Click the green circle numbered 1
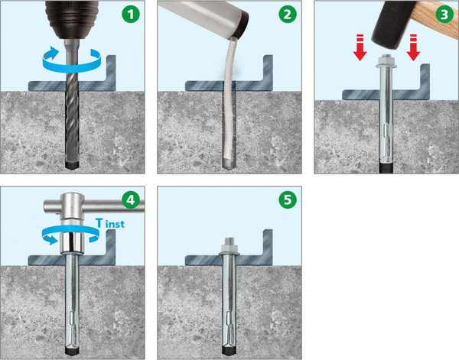[131, 15]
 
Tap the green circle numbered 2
[288, 15]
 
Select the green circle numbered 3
[444, 15]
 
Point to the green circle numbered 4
[131, 200]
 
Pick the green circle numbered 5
[288, 200]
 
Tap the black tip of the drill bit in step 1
[72, 164]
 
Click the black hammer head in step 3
[389, 26]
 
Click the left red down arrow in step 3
[360, 47]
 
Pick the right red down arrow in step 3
[413, 47]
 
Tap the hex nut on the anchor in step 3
[386, 61]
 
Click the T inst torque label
[110, 223]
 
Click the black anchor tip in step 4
[72, 351]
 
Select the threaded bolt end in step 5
[229, 242]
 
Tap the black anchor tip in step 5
[229, 350]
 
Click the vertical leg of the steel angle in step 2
[268, 73]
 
